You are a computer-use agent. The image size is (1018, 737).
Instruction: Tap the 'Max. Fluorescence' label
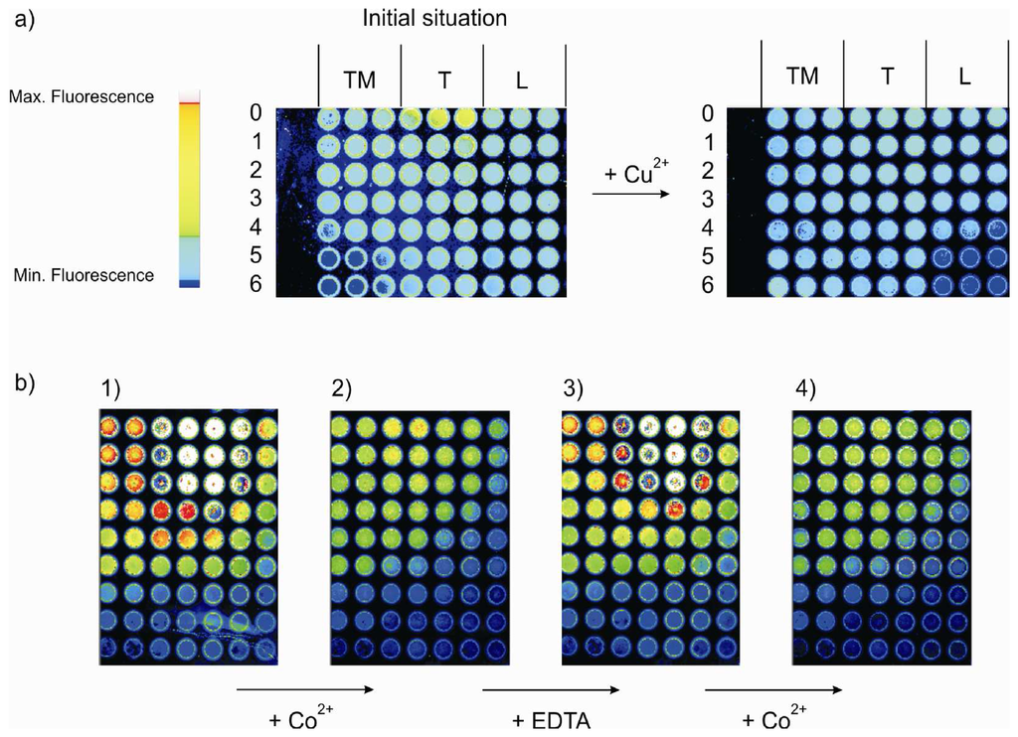point(81,97)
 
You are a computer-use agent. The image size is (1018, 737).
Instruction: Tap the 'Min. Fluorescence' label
point(81,275)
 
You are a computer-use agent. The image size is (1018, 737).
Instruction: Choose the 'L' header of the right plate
point(964,76)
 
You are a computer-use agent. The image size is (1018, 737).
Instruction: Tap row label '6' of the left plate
point(256,287)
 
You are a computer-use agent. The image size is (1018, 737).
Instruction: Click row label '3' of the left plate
point(256,201)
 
